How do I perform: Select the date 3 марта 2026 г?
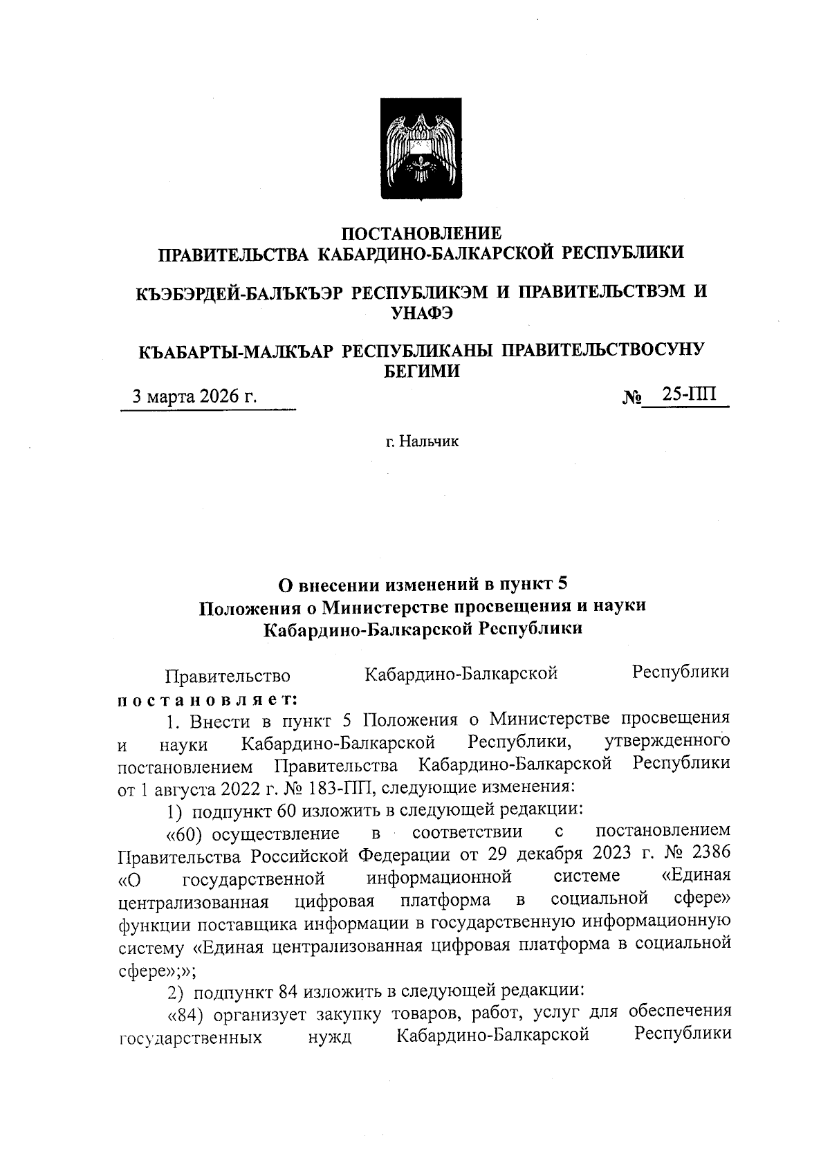(x=194, y=397)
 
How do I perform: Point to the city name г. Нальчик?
(x=422, y=441)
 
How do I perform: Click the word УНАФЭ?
(x=422, y=313)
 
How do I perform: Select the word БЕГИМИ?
(x=422, y=372)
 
